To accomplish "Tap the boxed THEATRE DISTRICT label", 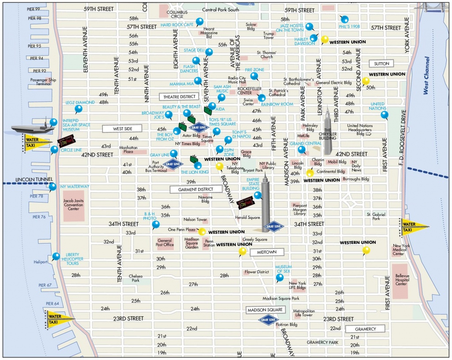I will [179, 96].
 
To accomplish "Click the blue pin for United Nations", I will [384, 115].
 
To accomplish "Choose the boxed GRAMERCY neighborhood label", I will [365, 329].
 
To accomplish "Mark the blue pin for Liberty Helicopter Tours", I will [56, 256].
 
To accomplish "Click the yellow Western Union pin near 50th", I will [365, 81].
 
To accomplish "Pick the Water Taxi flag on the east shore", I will [414, 226].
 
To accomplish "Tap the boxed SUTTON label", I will [381, 64].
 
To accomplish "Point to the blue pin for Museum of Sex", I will [280, 277].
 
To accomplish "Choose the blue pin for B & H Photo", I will [155, 224].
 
